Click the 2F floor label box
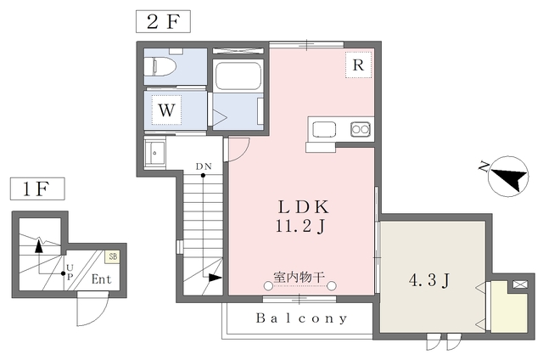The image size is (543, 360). (x=163, y=21)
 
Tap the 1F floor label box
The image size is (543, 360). (x=37, y=188)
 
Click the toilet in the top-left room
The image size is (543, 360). (x=160, y=66)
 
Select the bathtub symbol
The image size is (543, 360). (x=238, y=76)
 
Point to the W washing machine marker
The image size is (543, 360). (x=166, y=110)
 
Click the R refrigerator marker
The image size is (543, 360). (x=358, y=65)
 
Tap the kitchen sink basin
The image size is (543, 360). (x=324, y=130)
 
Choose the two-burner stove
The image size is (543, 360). (x=360, y=130)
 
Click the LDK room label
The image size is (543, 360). (x=304, y=207)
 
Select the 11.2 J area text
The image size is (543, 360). (x=300, y=226)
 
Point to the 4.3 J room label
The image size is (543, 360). (x=429, y=280)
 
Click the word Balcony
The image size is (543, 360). (x=301, y=318)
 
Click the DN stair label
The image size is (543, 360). (x=204, y=166)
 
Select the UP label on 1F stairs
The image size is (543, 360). (x=70, y=272)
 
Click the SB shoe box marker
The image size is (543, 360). (x=113, y=256)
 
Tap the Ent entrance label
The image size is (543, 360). (x=102, y=279)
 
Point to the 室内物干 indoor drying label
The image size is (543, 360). (x=299, y=277)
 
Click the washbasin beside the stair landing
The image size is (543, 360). (x=154, y=152)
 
